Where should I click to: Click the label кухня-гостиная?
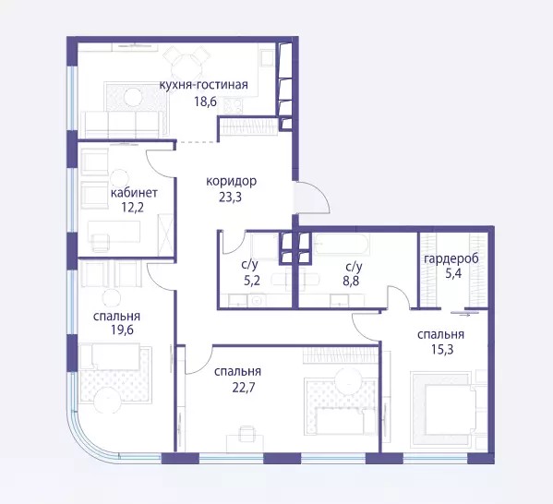[x=204, y=85]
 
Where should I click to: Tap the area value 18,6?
[x=205, y=102]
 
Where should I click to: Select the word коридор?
[x=232, y=182]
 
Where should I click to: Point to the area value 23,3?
[x=230, y=198]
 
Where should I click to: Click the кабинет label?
[x=134, y=193]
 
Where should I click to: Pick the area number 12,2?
[x=132, y=208]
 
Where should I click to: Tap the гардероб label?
[x=451, y=259]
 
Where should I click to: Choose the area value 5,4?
[x=453, y=273]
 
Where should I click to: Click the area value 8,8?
[x=351, y=282]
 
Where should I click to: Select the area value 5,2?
[x=252, y=281]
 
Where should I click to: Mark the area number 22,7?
[x=244, y=388]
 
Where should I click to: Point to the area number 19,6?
[x=122, y=330]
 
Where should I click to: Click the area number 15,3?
[x=442, y=349]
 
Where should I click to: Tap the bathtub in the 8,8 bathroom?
[x=343, y=244]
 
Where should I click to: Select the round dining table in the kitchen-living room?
[x=187, y=66]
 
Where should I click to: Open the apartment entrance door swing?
[x=312, y=198]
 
